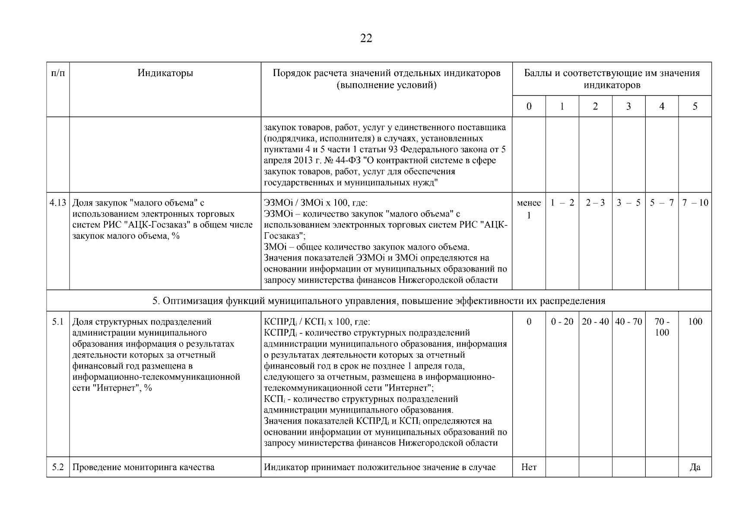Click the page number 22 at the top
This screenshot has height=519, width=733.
tap(366, 38)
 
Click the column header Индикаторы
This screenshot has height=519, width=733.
tap(165, 73)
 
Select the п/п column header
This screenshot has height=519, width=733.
tap(58, 73)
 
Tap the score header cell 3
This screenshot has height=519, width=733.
tap(628, 106)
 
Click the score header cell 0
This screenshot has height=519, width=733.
tap(529, 106)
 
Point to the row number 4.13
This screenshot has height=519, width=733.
tap(58, 203)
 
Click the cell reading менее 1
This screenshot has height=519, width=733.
tap(529, 208)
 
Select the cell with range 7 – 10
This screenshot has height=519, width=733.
tap(695, 203)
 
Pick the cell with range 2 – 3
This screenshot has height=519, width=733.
tap(595, 203)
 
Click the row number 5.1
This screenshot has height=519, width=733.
tap(58, 322)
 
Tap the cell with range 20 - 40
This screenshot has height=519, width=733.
tap(595, 322)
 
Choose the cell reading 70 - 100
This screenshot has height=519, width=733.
tap(662, 327)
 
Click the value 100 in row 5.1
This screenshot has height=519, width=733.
tap(695, 322)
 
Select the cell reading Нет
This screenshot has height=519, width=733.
tap(529, 467)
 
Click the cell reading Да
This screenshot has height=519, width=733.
tap(695, 467)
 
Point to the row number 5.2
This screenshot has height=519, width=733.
tap(58, 467)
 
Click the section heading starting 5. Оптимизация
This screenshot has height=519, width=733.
tap(379, 301)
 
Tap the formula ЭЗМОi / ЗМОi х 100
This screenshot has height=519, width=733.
tap(315, 203)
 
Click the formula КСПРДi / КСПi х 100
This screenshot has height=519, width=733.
tap(317, 322)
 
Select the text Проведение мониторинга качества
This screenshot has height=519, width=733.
tap(143, 467)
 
